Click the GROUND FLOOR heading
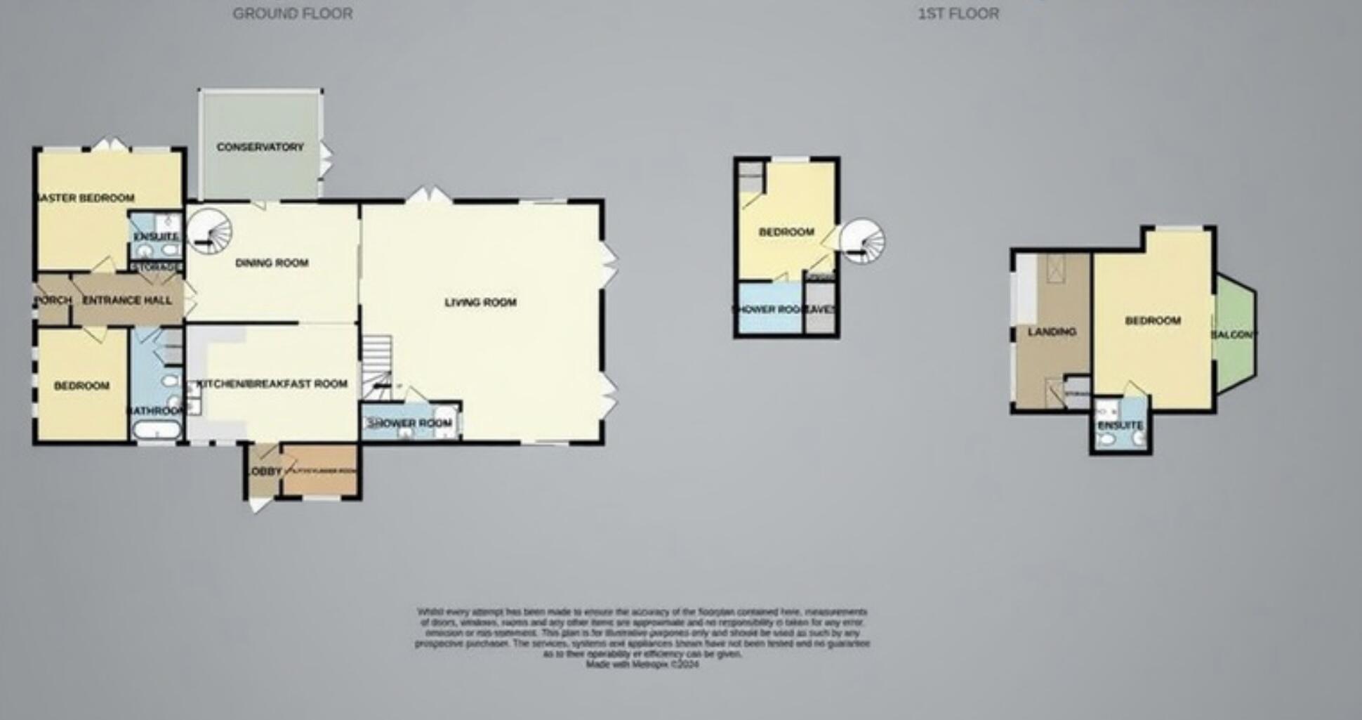(293, 13)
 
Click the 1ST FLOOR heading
(958, 13)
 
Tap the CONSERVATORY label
(260, 147)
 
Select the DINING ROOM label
(272, 263)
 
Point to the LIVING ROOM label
(480, 302)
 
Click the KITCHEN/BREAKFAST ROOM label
(272, 384)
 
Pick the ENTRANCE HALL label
(127, 300)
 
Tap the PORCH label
(53, 300)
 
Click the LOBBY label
(265, 471)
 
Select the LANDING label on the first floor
(1052, 331)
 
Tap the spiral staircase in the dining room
(211, 231)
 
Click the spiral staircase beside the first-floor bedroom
(863, 241)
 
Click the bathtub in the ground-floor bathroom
(157, 430)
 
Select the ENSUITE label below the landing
(1120, 425)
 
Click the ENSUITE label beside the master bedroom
(156, 237)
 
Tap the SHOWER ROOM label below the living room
(410, 423)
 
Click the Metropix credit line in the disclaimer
(642, 664)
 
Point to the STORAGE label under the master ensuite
(156, 267)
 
